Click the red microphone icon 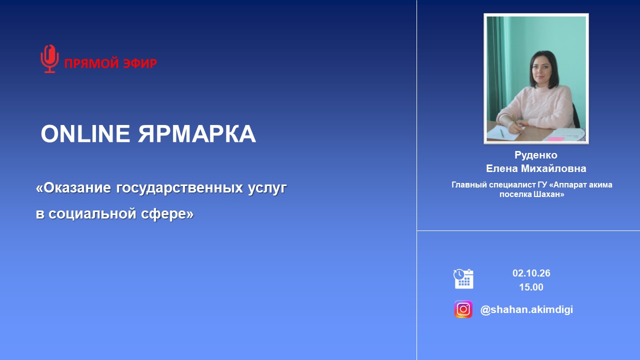(x=49, y=59)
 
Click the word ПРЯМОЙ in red (x=91, y=63)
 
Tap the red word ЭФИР (x=140, y=63)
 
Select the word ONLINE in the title (x=85, y=133)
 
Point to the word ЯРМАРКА (x=197, y=133)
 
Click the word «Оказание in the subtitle (x=73, y=187)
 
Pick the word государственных (x=179, y=188)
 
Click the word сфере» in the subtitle (x=167, y=213)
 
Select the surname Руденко (x=536, y=155)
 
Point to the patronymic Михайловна (x=553, y=168)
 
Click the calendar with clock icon (x=463, y=279)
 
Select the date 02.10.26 (x=531, y=273)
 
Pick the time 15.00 (x=531, y=287)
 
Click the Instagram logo (x=463, y=309)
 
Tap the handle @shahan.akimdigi (x=526, y=309)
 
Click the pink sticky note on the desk (x=555, y=139)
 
